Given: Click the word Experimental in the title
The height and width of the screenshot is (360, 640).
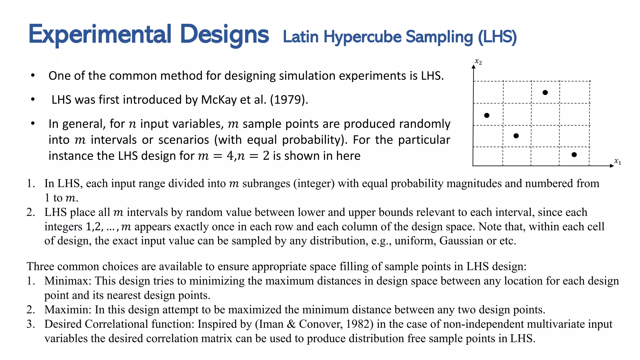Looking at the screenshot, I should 100,34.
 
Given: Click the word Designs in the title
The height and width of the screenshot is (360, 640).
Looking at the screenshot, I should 224,34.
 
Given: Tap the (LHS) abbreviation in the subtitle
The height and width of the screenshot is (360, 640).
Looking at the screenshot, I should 497,37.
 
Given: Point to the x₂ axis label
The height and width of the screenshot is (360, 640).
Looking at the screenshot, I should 478,62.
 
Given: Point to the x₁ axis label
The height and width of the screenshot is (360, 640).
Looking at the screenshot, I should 617,161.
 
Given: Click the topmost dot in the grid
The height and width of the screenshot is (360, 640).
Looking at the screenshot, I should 545,92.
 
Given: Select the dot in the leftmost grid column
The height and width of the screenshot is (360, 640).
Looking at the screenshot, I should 487,115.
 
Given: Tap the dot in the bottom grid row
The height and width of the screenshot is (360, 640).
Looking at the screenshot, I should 574,155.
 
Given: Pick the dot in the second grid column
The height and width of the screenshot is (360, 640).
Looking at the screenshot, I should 516,136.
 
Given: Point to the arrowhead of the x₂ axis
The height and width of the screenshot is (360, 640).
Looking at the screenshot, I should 474,66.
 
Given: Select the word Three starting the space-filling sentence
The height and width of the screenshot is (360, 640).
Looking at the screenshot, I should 40,266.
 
